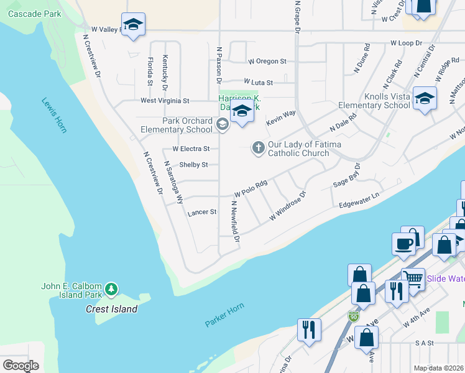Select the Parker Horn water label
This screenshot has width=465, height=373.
224,315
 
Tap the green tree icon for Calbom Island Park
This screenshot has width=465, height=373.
111,288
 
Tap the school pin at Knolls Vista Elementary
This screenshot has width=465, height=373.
425,98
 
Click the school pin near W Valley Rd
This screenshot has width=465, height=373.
132,25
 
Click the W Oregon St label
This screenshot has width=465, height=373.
267,62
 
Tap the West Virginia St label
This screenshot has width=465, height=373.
165,100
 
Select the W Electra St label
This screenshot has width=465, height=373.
191,149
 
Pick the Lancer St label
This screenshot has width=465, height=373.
201,212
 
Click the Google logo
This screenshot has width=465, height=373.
21,366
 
